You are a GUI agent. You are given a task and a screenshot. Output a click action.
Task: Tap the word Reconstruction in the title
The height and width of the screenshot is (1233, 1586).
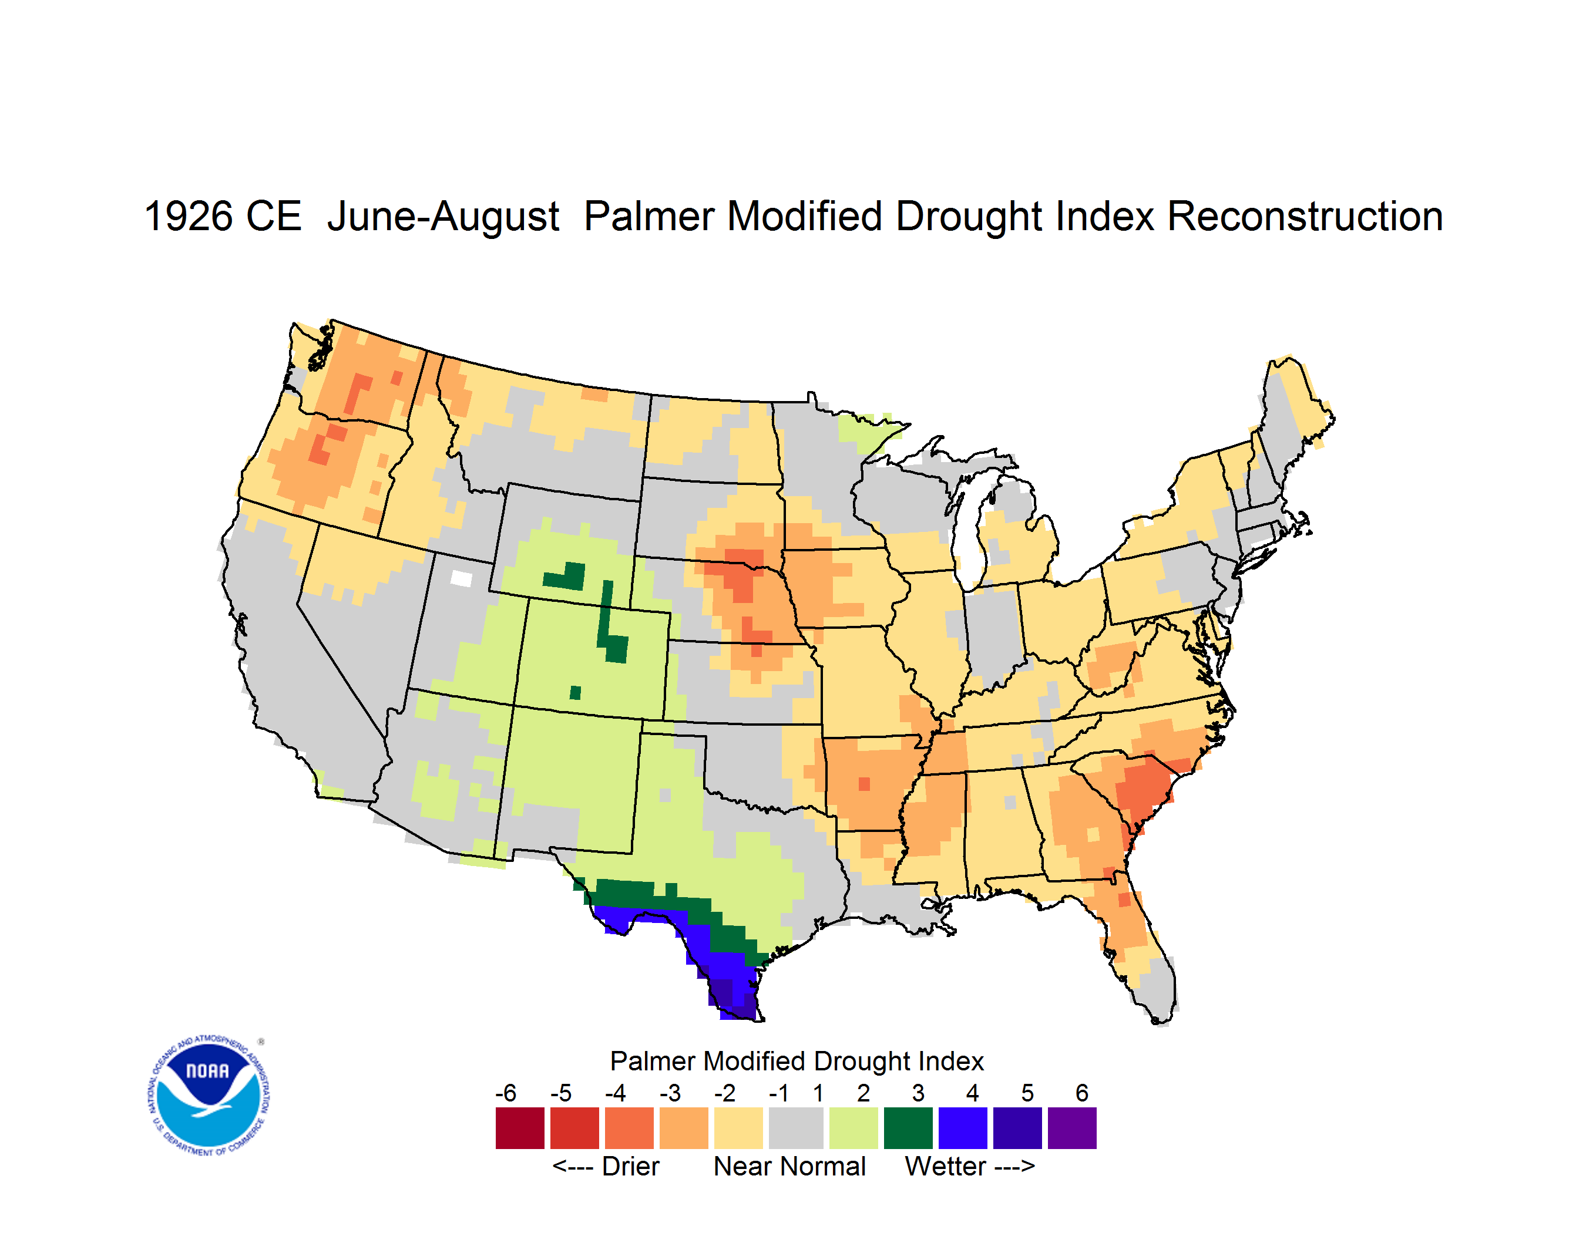pyautogui.click(x=1304, y=216)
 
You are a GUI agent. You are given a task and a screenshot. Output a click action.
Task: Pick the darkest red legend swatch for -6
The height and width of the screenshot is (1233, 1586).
pyautogui.click(x=520, y=1128)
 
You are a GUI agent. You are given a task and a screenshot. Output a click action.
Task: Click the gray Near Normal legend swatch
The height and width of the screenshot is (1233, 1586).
pyautogui.click(x=796, y=1128)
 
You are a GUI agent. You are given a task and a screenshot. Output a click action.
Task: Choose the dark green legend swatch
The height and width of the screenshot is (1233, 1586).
pyautogui.click(x=908, y=1128)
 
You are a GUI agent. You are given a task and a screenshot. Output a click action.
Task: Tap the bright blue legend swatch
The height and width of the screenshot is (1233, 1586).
pyautogui.click(x=963, y=1128)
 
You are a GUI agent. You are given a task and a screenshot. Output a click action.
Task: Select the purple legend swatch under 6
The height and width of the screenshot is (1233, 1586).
pyautogui.click(x=1072, y=1128)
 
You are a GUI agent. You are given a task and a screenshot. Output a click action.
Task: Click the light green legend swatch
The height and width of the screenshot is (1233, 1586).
pyautogui.click(x=854, y=1128)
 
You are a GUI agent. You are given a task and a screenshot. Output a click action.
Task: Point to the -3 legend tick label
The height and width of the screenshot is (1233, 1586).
pyautogui.click(x=670, y=1092)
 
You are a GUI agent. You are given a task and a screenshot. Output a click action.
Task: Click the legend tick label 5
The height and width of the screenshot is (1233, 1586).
pyautogui.click(x=1027, y=1092)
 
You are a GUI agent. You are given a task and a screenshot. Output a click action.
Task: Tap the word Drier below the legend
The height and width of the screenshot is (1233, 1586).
pyautogui.click(x=630, y=1166)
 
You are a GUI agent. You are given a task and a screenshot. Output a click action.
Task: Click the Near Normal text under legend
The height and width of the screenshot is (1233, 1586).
pyautogui.click(x=789, y=1166)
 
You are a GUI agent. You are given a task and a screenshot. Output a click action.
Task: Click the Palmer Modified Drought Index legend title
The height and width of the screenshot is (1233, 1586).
pyautogui.click(x=797, y=1061)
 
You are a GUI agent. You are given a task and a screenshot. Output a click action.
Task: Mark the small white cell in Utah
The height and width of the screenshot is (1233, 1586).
pyautogui.click(x=461, y=578)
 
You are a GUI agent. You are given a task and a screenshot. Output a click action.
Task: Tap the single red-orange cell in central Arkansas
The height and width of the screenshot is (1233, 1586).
pyautogui.click(x=864, y=784)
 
